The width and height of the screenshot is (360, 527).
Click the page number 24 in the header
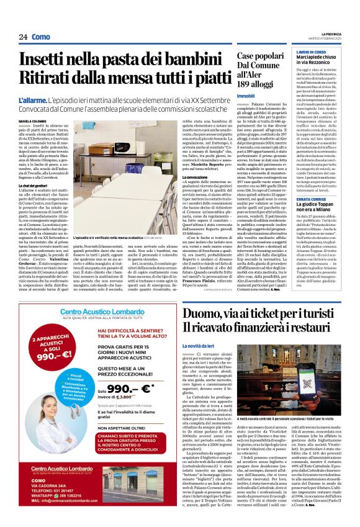pos(23,37)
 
